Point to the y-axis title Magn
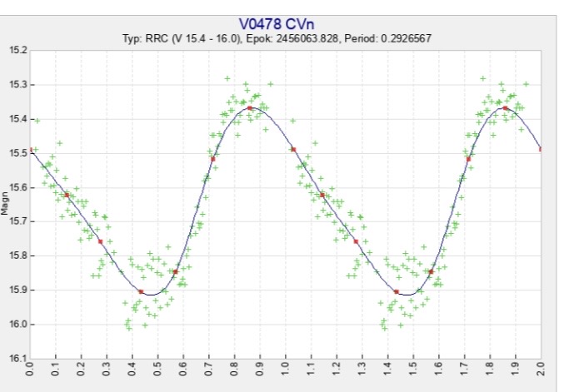tap(6, 205)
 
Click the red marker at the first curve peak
tap(250, 108)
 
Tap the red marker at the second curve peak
tap(505, 108)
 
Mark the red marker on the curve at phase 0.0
tap(31, 150)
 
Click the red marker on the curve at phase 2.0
tap(541, 149)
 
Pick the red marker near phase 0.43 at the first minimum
tap(142, 291)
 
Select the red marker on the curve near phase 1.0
tap(293, 149)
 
